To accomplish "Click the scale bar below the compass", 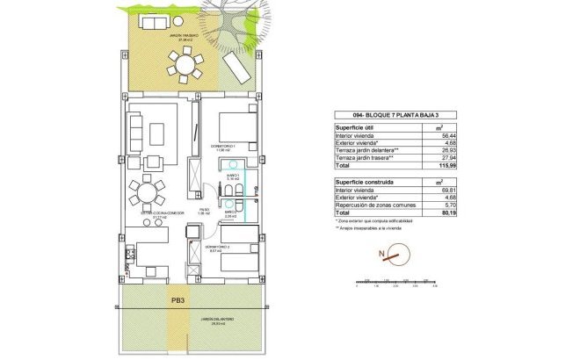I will [395, 283].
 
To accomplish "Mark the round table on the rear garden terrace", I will [185, 65].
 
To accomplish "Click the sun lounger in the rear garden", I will [236, 66].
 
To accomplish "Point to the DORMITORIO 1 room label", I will [225, 145].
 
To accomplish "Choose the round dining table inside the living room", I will [147, 190].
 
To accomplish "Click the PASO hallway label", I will [203, 211].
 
